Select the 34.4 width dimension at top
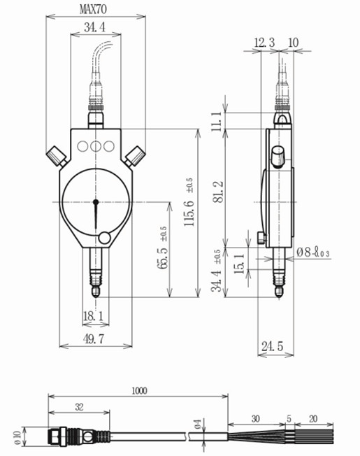[x=94, y=28]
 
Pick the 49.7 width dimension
[x=94, y=339]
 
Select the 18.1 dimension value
[x=94, y=316]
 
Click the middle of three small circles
[x=95, y=146]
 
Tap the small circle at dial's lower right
[x=105, y=238]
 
